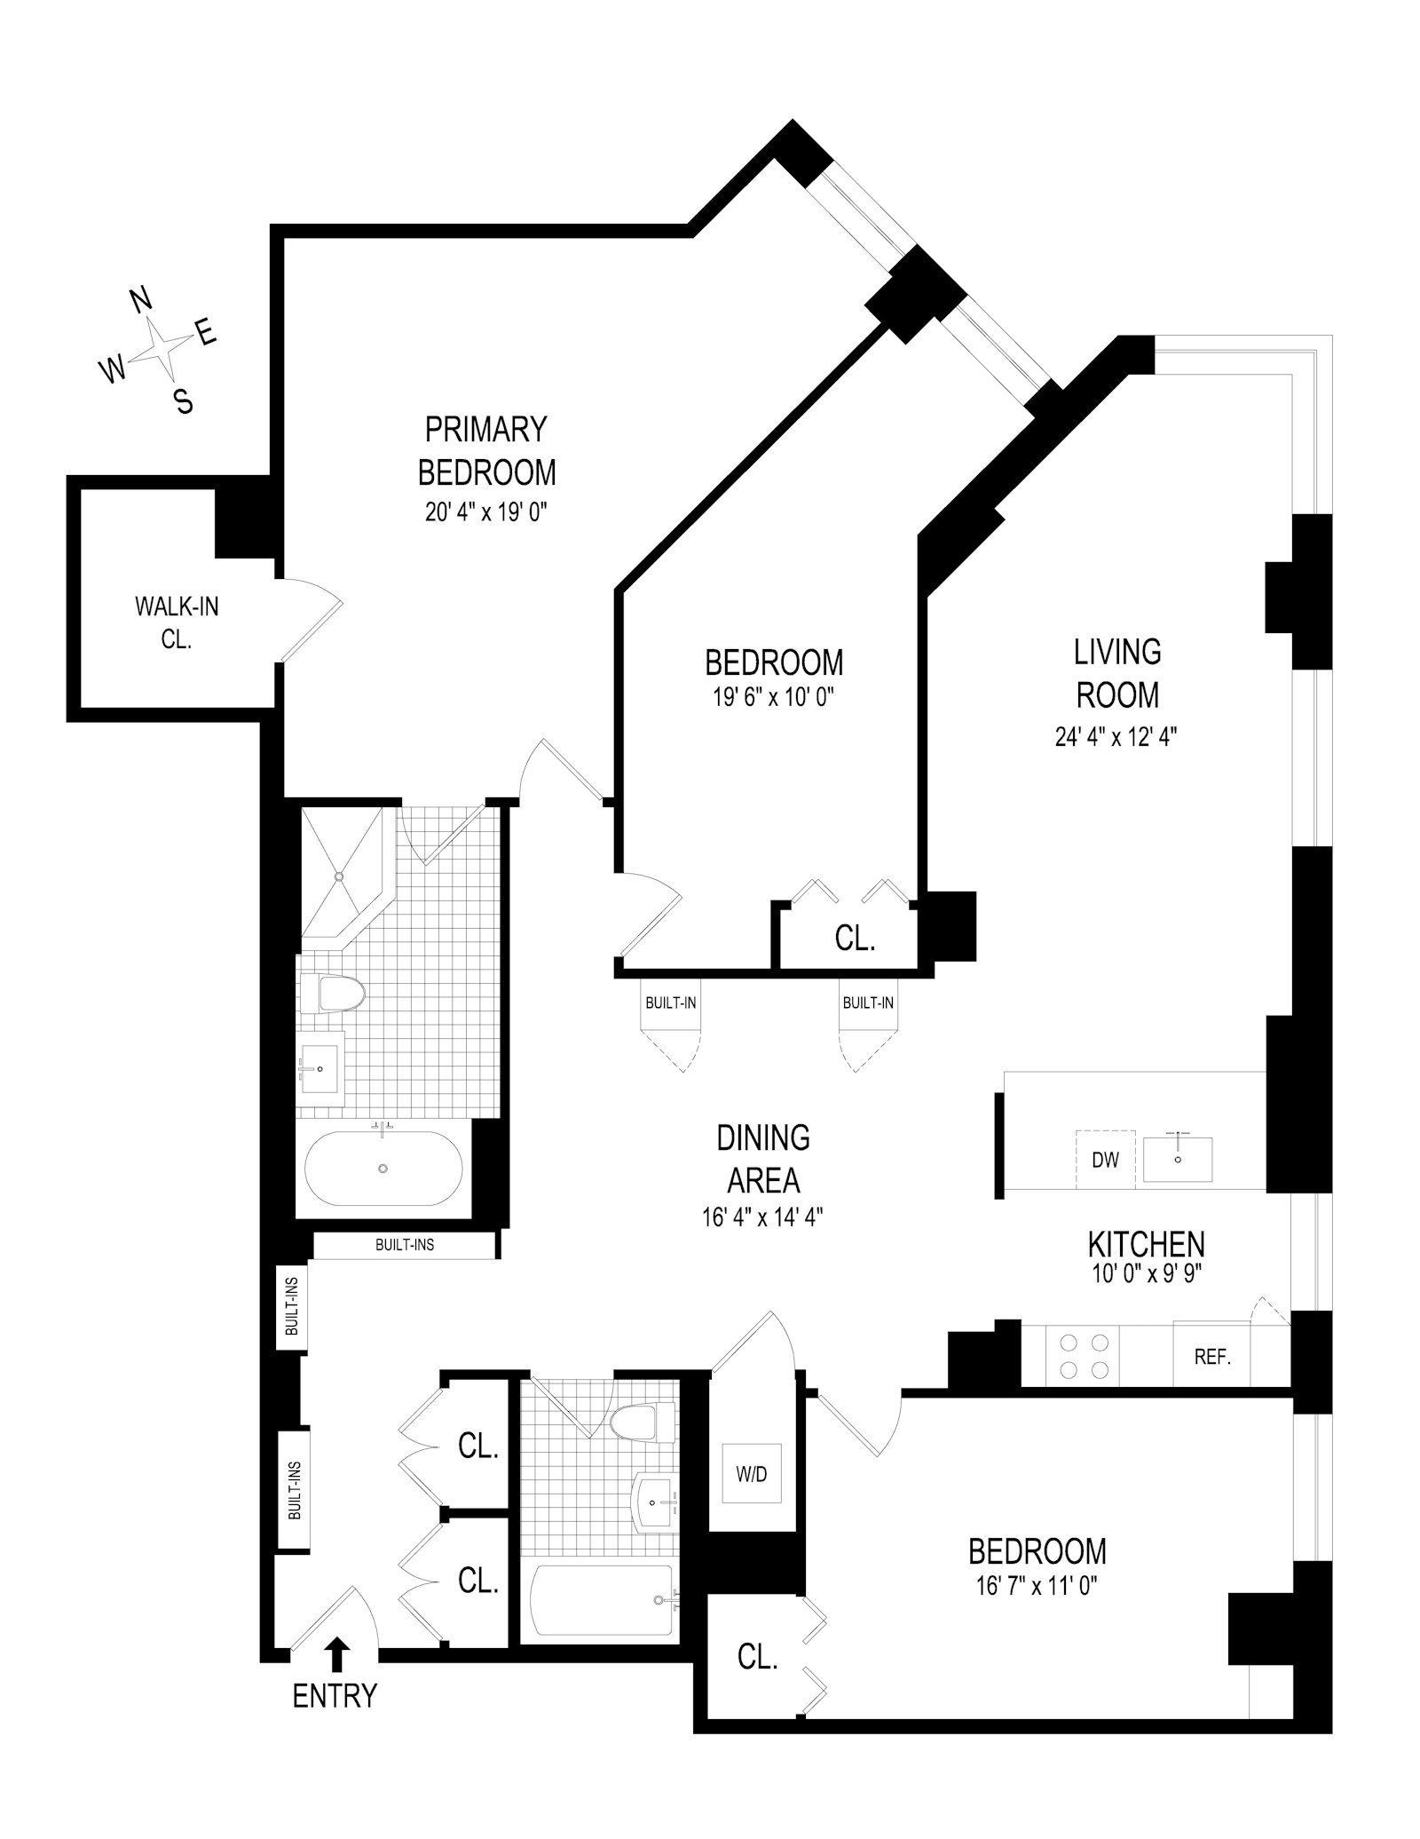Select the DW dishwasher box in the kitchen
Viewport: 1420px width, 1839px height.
(1105, 1159)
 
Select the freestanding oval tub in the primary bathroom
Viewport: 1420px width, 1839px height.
(383, 1168)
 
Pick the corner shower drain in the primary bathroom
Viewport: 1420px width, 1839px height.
(338, 876)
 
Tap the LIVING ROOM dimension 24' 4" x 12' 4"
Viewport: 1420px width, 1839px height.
(1116, 737)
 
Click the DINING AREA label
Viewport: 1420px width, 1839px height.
(763, 1159)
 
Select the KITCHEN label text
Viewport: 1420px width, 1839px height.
(1147, 1244)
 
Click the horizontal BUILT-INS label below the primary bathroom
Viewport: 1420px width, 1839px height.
(405, 1245)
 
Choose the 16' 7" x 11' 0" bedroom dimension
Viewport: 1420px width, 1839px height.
(1037, 1585)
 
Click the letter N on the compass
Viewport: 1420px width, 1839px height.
(142, 302)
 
